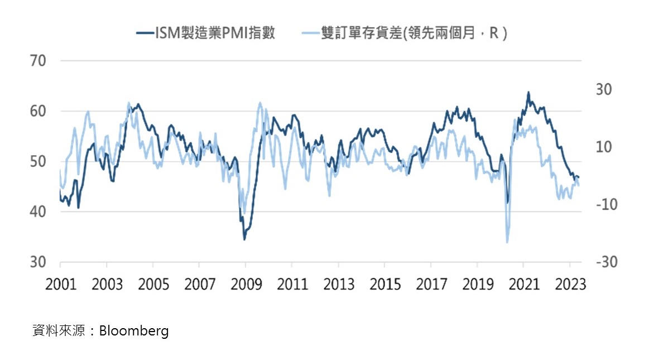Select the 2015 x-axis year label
385,284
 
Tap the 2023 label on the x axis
570,284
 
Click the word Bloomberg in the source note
134,331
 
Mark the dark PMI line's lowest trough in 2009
244,239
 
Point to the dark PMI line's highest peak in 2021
528,93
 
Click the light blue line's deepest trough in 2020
507,242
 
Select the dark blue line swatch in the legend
145,33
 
